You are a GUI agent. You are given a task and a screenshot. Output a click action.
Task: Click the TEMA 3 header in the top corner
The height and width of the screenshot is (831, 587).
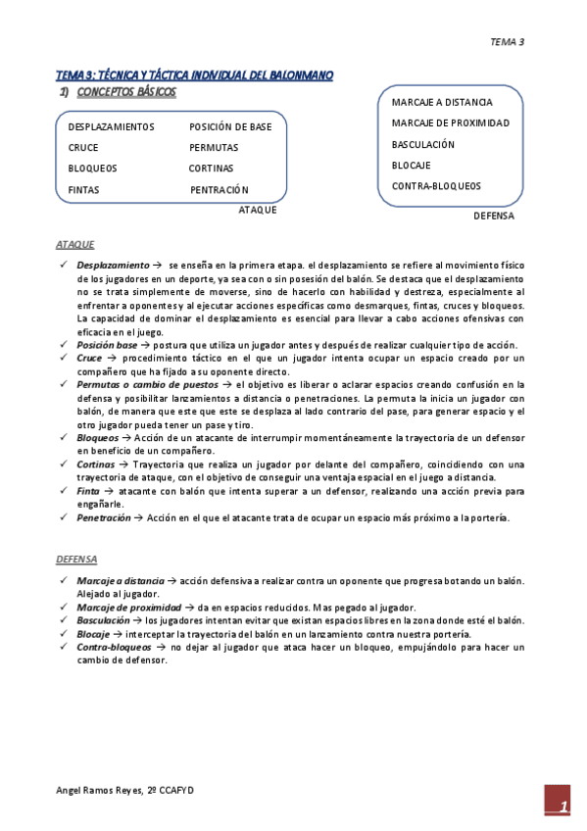coord(507,41)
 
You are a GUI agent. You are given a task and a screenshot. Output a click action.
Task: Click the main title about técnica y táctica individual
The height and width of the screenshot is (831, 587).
coord(194,74)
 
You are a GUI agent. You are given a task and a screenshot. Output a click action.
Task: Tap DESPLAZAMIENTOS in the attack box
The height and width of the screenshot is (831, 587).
coord(111,127)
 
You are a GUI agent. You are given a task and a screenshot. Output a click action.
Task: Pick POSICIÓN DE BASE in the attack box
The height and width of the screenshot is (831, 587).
coord(230,127)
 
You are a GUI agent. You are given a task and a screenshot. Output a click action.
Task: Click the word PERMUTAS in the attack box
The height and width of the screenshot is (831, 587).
coord(214,148)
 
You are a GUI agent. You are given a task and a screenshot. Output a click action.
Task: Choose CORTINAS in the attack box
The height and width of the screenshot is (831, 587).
coord(212,169)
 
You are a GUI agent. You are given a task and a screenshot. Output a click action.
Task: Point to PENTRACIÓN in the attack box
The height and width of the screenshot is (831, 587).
coord(220,190)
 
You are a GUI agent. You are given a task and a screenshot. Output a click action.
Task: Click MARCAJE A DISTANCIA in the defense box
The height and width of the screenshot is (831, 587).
coord(442,103)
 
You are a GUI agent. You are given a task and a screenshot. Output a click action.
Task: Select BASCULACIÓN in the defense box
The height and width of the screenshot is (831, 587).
coord(423,145)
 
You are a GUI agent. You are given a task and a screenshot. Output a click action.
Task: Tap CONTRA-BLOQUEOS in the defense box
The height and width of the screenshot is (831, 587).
coord(436,186)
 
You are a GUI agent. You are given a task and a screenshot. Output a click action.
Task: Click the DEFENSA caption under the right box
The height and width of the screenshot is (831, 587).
coord(493,216)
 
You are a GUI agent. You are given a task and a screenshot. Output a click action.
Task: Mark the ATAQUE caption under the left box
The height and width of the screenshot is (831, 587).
coord(258,210)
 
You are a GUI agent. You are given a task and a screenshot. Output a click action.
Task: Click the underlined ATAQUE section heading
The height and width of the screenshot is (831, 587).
coord(75,244)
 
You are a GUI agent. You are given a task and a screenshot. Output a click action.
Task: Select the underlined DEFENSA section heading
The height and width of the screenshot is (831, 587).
coord(76,560)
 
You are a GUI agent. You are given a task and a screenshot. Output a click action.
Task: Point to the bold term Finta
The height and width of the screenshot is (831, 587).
coord(88,490)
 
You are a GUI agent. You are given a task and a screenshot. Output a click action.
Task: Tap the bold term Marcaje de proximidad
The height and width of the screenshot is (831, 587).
coord(129,608)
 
